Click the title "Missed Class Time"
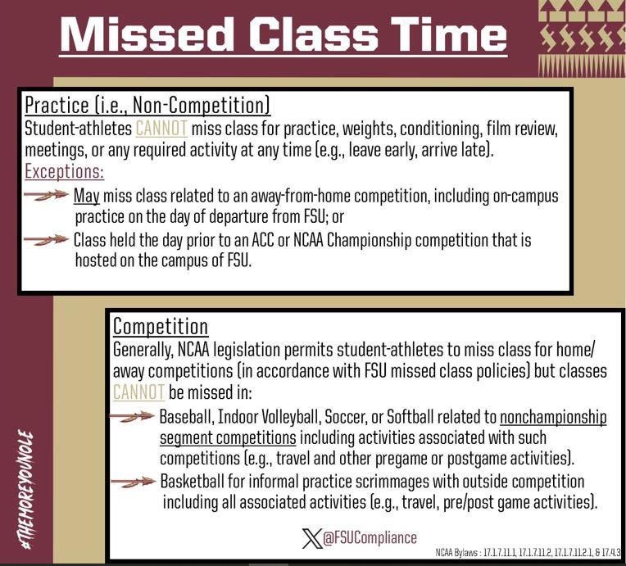click(x=283, y=34)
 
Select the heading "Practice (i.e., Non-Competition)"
click(x=147, y=106)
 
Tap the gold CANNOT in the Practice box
click(x=161, y=129)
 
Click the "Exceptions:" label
click(x=65, y=173)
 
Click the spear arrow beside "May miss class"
click(x=47, y=196)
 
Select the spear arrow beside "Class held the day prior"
click(x=47, y=239)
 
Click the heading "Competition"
click(x=161, y=328)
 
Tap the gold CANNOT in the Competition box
click(x=139, y=393)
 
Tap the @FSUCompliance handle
click(x=370, y=538)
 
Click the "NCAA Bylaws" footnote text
click(x=528, y=553)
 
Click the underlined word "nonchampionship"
click(x=553, y=416)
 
